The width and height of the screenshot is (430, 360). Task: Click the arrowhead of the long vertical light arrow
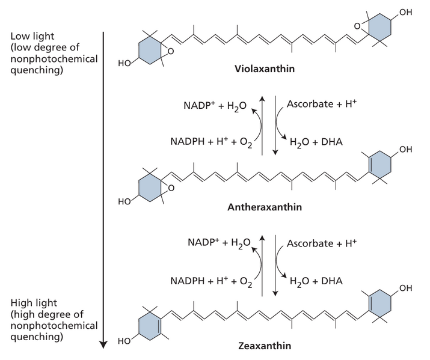click(103, 344)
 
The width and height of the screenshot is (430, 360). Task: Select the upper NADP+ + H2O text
click(215, 106)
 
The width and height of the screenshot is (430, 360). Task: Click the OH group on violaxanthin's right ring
click(406, 11)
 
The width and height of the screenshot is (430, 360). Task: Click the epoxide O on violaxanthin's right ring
click(358, 25)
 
